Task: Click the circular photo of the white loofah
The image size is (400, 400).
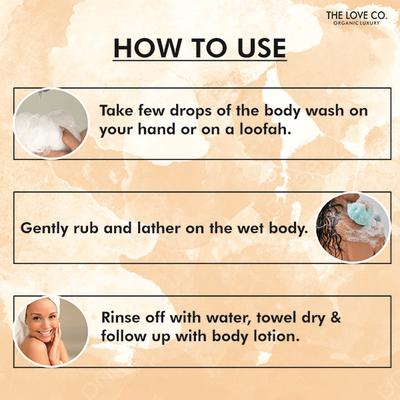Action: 51,123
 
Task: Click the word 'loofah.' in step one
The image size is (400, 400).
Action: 270,135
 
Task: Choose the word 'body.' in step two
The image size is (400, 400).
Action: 287,228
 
